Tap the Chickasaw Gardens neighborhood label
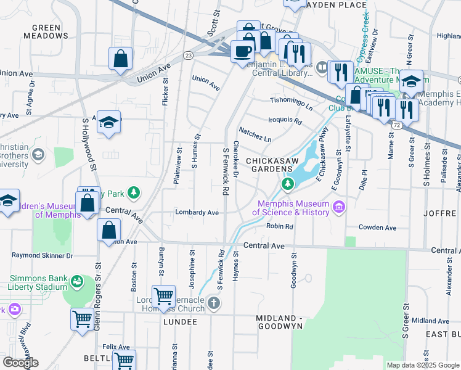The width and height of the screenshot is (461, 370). (269, 165)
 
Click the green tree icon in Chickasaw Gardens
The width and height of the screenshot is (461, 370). (287, 184)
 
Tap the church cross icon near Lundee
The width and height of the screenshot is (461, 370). (213, 303)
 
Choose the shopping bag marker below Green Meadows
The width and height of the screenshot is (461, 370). (121, 59)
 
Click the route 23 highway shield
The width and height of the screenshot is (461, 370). (189, 55)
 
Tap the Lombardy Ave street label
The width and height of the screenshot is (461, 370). (197, 213)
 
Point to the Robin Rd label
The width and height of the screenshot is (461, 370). (279, 226)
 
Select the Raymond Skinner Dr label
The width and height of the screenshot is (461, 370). (42, 255)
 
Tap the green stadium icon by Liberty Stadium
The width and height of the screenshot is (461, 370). (78, 282)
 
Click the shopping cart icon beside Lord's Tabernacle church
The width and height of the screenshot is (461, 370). (163, 297)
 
